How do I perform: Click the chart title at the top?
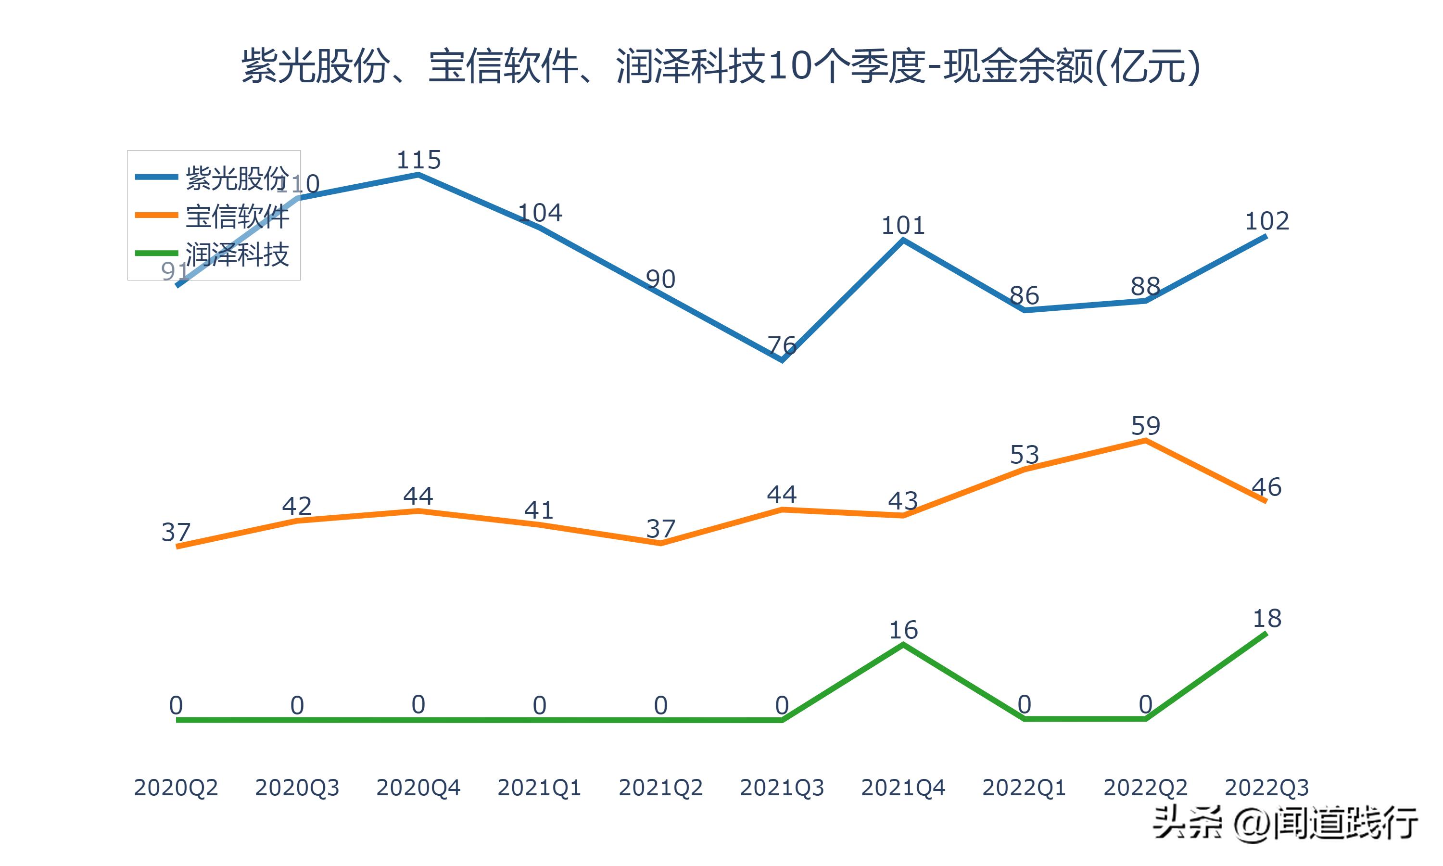tap(721, 65)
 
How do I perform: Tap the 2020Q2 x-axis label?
tap(176, 788)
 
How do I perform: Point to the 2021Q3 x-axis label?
tap(782, 788)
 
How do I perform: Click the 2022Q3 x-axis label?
tap(1266, 788)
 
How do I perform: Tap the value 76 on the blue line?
tap(782, 345)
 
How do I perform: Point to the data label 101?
tap(903, 225)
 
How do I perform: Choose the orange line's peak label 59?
tap(1146, 426)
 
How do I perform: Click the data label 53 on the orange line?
tap(1024, 455)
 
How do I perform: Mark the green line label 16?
tap(903, 630)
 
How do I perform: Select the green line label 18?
tap(1267, 619)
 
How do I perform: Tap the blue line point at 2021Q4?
tap(903, 241)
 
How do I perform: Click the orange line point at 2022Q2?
tap(1146, 441)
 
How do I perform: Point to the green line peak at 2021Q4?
tap(903, 645)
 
